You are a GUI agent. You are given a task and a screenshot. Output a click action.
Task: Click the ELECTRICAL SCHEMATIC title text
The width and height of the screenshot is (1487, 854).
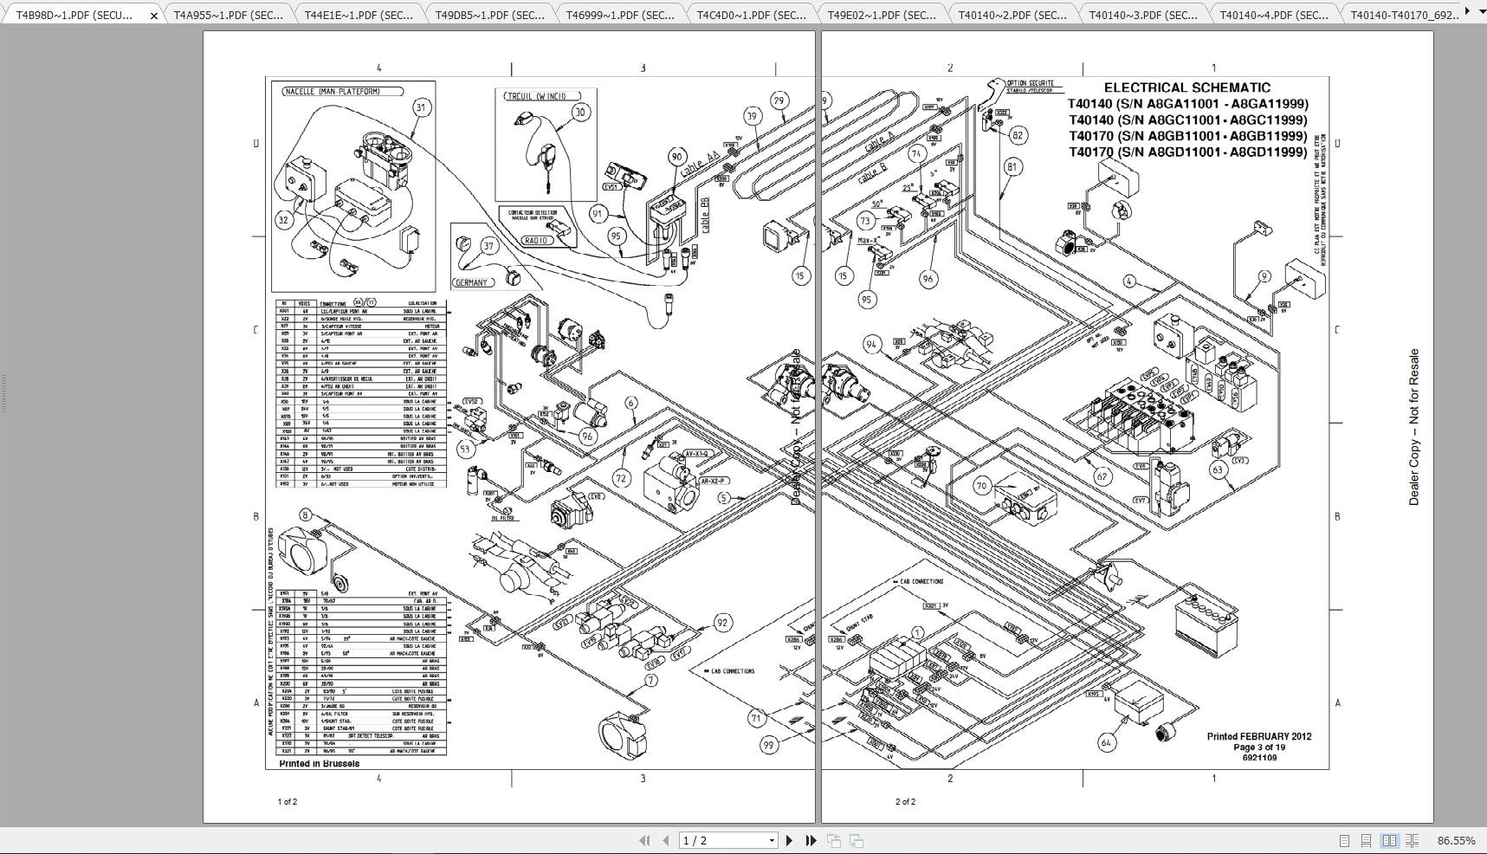pyautogui.click(x=1186, y=87)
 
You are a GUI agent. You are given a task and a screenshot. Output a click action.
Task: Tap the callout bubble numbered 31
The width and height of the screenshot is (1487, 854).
pyautogui.click(x=421, y=107)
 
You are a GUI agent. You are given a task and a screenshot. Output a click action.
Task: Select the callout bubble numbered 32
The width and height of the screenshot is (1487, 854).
pyautogui.click(x=284, y=220)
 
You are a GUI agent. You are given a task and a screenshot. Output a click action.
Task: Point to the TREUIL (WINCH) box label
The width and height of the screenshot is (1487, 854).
pyautogui.click(x=536, y=96)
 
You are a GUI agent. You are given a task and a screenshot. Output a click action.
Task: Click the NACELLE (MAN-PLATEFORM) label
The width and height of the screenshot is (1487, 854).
pyautogui.click(x=342, y=91)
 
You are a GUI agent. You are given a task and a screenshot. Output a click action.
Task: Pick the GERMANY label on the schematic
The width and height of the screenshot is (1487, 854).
pyautogui.click(x=472, y=282)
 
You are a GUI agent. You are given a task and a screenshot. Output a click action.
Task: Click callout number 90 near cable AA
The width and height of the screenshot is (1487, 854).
pyautogui.click(x=676, y=157)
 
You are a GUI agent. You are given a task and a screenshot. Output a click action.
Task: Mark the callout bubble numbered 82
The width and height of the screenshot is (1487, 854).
pyautogui.click(x=1018, y=135)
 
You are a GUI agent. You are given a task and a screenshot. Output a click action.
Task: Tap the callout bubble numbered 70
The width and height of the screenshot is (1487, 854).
pyautogui.click(x=981, y=486)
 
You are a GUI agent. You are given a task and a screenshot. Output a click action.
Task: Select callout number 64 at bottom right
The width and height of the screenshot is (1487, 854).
pyautogui.click(x=1106, y=742)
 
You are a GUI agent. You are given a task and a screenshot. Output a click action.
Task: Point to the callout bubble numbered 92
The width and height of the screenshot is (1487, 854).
pyautogui.click(x=722, y=623)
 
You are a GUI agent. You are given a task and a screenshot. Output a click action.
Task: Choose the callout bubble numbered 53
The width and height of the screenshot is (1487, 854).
pyautogui.click(x=466, y=449)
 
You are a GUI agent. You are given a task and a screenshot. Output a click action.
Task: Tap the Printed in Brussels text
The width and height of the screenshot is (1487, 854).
pyautogui.click(x=319, y=764)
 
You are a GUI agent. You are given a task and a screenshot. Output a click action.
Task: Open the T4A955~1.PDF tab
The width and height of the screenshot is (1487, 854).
pyautogui.click(x=228, y=15)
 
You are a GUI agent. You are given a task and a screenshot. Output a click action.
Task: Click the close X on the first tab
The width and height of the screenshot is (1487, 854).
pyautogui.click(x=154, y=16)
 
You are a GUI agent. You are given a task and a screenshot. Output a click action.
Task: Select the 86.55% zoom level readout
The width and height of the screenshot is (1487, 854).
pyautogui.click(x=1456, y=840)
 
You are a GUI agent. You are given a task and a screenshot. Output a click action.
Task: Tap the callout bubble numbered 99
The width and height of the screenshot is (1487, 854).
pyautogui.click(x=769, y=745)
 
